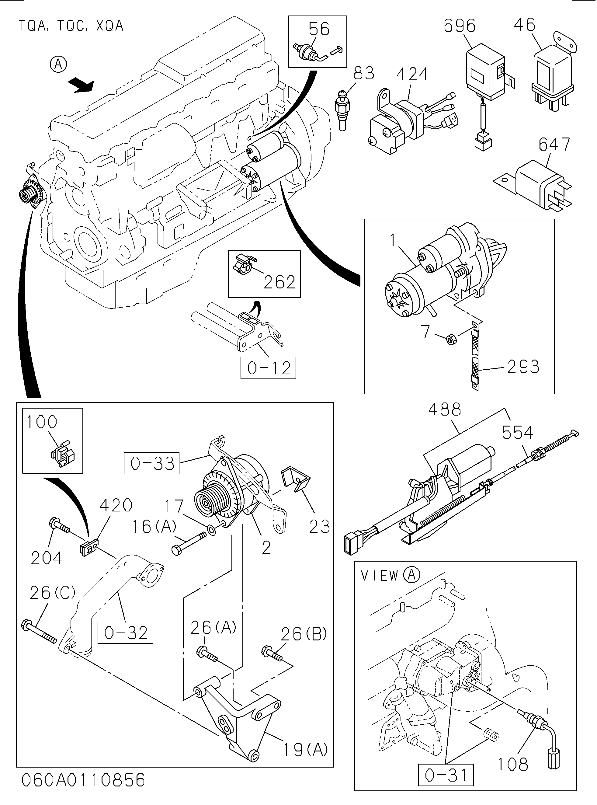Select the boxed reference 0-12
[x=269, y=368]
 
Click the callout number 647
[x=554, y=145]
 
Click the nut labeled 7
[x=451, y=340]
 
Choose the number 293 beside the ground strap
[x=523, y=367]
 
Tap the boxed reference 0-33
[x=152, y=463]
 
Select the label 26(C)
[x=52, y=593]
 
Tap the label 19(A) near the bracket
[x=305, y=750]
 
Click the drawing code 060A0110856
[x=83, y=780]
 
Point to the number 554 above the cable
[x=518, y=433]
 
